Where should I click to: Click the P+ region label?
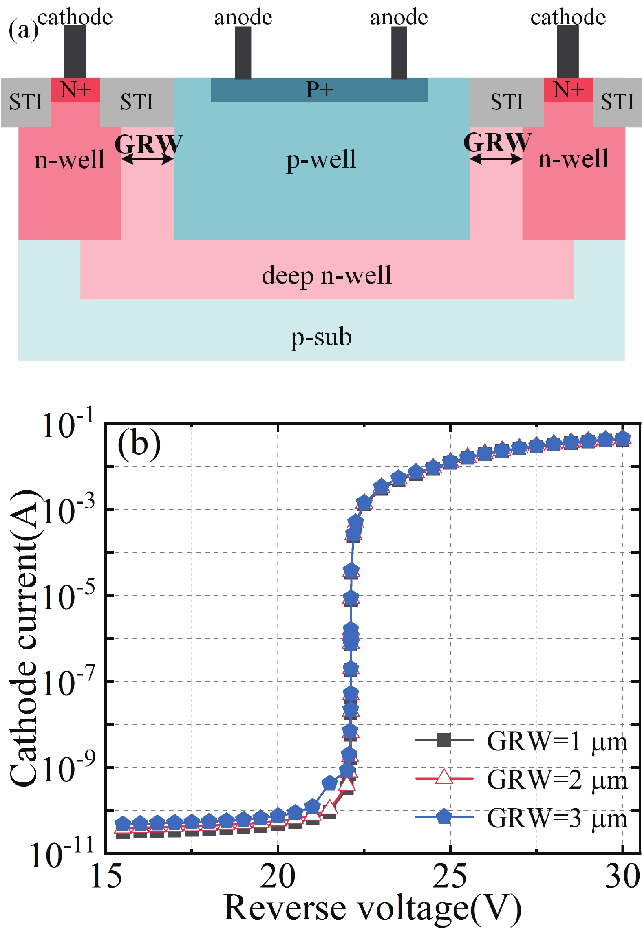[x=319, y=89]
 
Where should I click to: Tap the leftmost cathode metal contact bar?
[x=75, y=52]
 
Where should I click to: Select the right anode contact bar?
[x=399, y=53]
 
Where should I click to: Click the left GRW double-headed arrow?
[x=148, y=159]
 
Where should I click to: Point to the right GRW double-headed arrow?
[x=496, y=159]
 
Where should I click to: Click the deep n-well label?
[x=327, y=275]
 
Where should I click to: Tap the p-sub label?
[x=321, y=337]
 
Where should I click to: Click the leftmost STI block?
[x=26, y=102]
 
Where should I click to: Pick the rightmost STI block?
[x=617, y=102]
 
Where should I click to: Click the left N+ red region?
[x=75, y=89]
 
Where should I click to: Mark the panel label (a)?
[x=23, y=29]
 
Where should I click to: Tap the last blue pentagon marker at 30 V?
[x=622, y=439]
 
